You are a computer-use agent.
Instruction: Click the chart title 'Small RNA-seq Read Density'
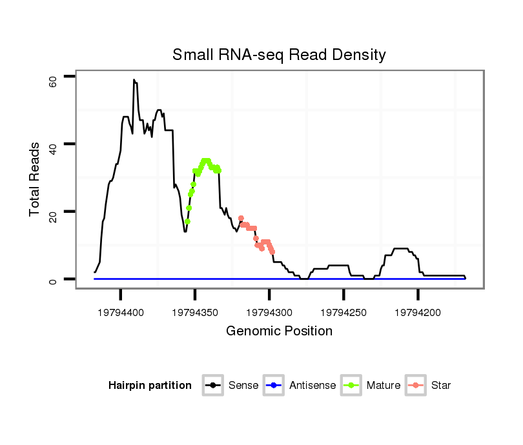(279, 55)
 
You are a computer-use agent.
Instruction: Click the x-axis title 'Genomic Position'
(279, 331)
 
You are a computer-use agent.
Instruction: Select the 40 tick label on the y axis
(52, 147)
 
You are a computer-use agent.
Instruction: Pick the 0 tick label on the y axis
(52, 280)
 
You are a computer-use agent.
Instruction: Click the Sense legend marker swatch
(212, 386)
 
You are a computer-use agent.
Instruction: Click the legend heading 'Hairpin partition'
(150, 386)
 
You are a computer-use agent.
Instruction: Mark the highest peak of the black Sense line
(134, 80)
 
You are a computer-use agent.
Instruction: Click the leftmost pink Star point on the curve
(241, 219)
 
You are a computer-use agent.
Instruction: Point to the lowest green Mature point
(187, 221)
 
